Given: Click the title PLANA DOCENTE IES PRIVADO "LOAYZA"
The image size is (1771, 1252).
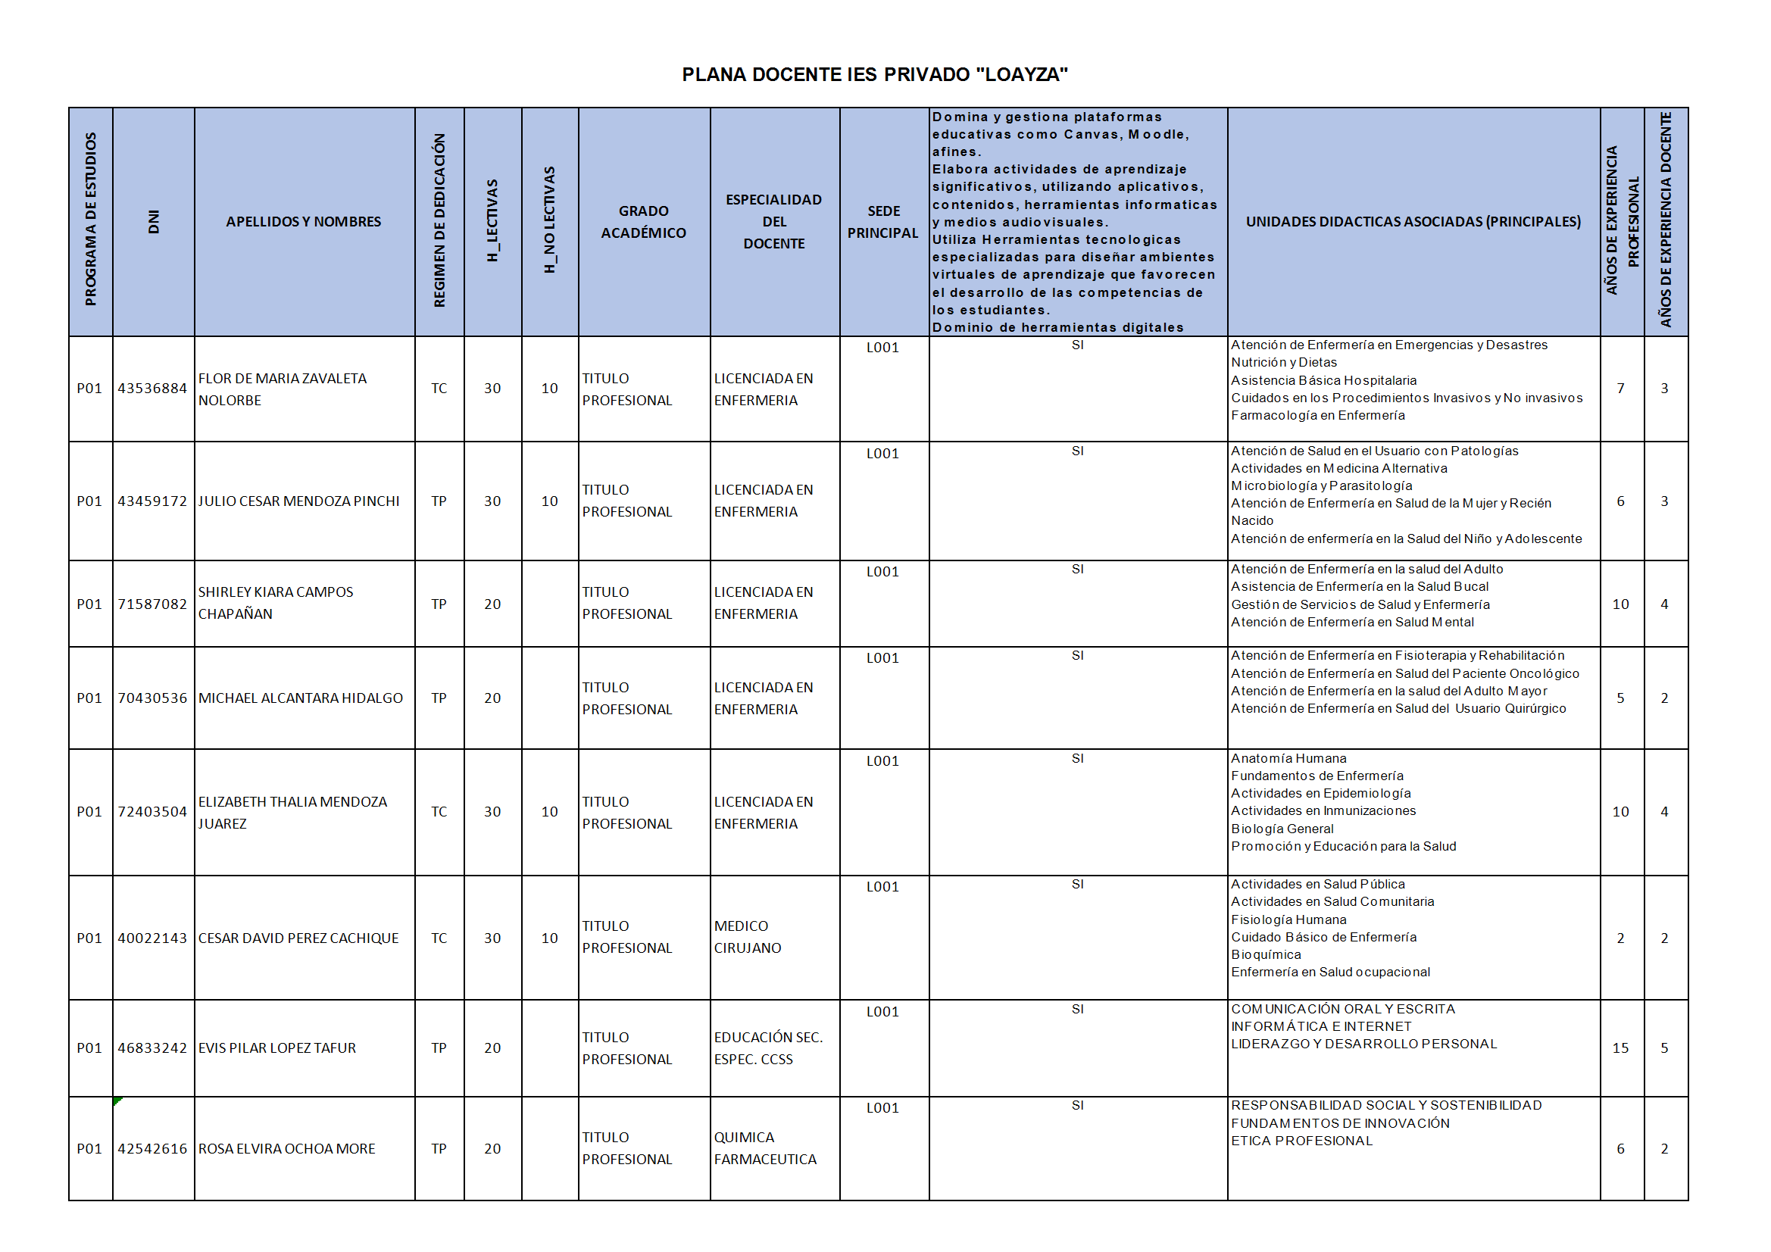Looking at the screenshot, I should (x=874, y=75).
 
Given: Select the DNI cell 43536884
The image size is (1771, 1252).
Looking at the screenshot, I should (x=152, y=389).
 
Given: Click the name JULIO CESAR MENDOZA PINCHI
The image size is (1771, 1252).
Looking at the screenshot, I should (x=298, y=501).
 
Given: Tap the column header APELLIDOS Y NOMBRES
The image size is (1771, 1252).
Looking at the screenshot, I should (x=303, y=222).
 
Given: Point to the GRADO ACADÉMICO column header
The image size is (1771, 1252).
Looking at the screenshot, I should (x=643, y=222).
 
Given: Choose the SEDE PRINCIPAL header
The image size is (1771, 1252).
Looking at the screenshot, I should (x=883, y=222).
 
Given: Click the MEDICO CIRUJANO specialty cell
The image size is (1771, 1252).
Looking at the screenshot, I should (x=747, y=937).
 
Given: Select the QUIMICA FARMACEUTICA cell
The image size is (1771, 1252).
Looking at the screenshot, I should (x=764, y=1149).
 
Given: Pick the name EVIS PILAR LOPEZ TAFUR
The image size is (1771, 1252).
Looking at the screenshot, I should (x=277, y=1048).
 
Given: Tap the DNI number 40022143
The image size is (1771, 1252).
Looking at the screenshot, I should (x=152, y=938).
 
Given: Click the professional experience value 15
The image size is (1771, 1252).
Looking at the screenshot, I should (x=1620, y=1048).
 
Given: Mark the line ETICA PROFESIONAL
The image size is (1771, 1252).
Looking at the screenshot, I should (x=1301, y=1141).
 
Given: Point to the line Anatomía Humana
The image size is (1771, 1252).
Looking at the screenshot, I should (x=1288, y=759).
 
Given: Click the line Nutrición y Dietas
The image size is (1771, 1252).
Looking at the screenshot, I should (x=1283, y=363).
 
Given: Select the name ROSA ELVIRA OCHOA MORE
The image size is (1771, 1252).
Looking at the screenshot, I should (x=286, y=1150).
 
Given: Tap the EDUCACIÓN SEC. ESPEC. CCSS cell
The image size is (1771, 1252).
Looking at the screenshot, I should (x=767, y=1048).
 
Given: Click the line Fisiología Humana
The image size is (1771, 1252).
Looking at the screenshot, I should (x=1288, y=920).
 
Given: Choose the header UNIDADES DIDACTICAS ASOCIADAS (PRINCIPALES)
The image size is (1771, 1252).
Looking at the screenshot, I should (x=1413, y=222).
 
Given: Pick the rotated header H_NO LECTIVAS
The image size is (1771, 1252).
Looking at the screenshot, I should (x=549, y=220).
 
